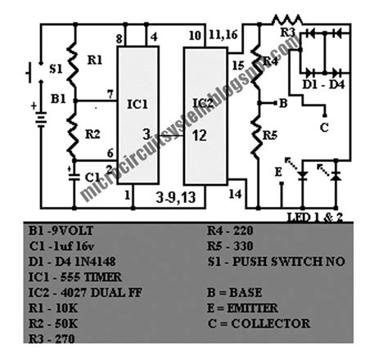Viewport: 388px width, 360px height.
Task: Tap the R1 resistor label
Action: [96, 60]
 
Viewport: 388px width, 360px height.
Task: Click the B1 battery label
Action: [56, 98]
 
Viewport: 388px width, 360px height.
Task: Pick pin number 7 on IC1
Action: [110, 96]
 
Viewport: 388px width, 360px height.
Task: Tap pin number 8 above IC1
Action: [120, 38]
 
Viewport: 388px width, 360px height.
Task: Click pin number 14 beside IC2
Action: [237, 193]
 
